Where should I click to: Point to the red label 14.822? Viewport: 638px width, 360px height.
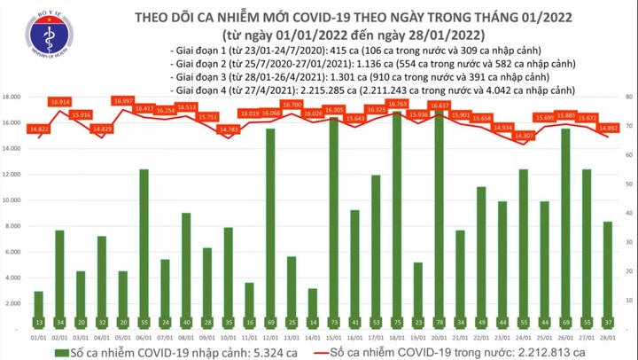click(x=38, y=129)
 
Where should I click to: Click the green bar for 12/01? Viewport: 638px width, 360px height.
click(x=269, y=223)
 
